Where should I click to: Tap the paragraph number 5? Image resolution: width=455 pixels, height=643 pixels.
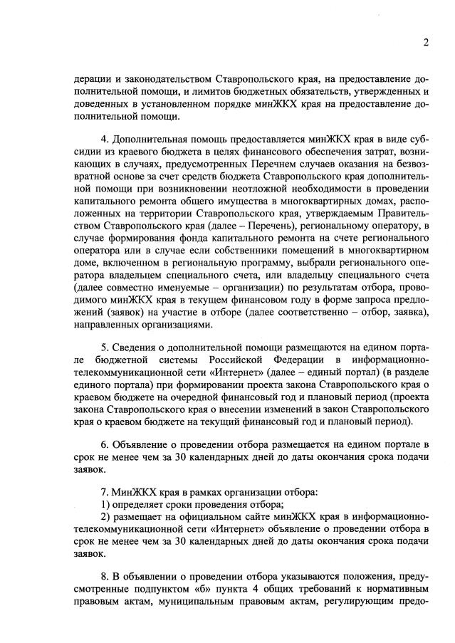pos(105,347)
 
